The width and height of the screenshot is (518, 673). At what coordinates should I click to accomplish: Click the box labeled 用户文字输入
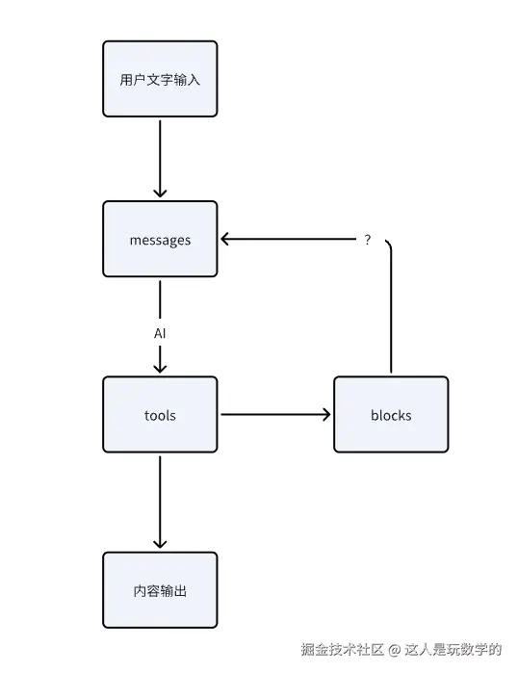[160, 79]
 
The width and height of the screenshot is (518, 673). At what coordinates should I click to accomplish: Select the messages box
[160, 240]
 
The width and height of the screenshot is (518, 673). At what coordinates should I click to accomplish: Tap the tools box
[160, 415]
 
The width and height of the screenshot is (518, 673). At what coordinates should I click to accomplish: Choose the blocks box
[390, 415]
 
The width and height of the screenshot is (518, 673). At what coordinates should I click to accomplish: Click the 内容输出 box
[160, 590]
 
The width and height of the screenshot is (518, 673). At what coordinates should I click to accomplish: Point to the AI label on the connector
[161, 333]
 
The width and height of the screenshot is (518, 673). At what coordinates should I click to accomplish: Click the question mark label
[367, 240]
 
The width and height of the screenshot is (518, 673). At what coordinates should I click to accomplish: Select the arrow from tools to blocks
[274, 415]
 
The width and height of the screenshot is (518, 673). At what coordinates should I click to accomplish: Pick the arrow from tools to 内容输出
[161, 501]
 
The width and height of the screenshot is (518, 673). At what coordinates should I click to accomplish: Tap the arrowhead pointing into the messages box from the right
[225, 240]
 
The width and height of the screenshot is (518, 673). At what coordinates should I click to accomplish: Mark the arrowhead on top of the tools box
[161, 367]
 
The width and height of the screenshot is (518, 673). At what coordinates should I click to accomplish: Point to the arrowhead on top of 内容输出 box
[161, 542]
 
